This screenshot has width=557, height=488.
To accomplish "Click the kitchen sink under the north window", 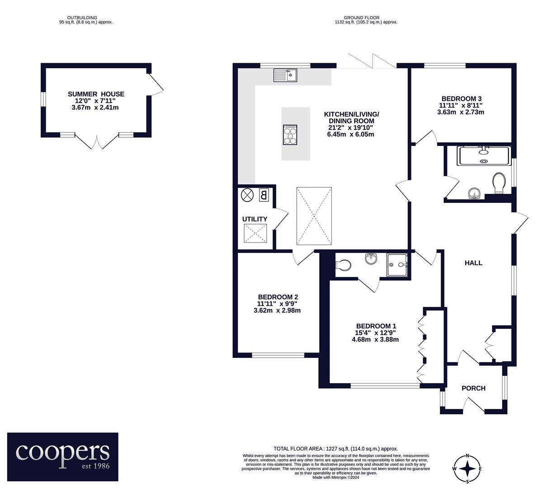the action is click(x=285, y=75).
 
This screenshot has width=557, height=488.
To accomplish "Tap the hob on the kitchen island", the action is click(x=290, y=135).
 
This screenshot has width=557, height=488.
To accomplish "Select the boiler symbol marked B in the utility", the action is click(x=264, y=195).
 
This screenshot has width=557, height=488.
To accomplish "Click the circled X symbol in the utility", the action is click(x=246, y=195).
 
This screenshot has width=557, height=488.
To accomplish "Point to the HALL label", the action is click(x=473, y=263).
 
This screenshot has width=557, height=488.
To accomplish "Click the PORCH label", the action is click(x=473, y=388).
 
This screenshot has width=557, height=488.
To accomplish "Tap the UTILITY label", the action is click(x=255, y=219).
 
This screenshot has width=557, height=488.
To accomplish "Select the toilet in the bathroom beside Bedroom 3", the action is click(x=499, y=183).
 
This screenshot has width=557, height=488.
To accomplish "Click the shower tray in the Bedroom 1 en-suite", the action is click(x=397, y=265).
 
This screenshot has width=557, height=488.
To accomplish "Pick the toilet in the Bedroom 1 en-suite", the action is click(x=344, y=265).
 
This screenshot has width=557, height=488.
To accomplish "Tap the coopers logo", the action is click(x=63, y=457).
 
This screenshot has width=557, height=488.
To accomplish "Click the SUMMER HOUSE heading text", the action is click(x=96, y=94).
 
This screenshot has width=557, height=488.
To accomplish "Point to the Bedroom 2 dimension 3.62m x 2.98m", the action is click(x=277, y=310).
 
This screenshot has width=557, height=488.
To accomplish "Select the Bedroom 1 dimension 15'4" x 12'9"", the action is click(x=375, y=333).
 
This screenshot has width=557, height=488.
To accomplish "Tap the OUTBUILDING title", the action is click(x=82, y=18).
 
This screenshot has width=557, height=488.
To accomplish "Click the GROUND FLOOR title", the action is click(x=362, y=18).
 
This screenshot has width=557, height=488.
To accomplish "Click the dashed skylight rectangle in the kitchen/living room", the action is click(x=314, y=216).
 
